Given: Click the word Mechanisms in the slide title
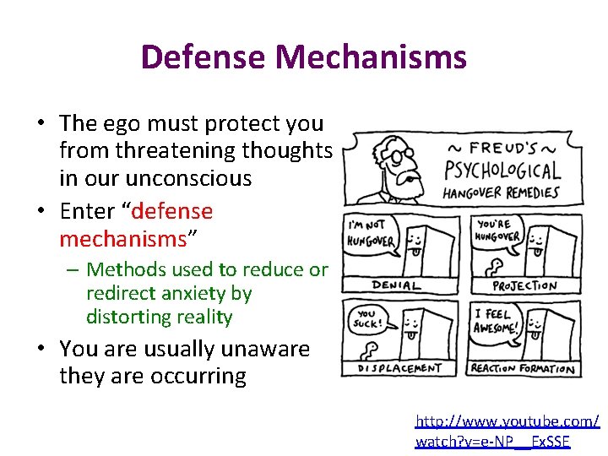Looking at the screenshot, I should click(371, 57).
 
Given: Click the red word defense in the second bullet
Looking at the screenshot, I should click(172, 211).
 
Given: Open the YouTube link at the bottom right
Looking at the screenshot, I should click(507, 430).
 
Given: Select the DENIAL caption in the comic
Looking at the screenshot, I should click(396, 285).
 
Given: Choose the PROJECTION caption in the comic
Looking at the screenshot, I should click(524, 285).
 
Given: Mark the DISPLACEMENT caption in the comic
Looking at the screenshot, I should click(399, 368).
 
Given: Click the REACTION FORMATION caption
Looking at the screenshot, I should click(523, 368).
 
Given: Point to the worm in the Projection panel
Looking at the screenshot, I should click(487, 269).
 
